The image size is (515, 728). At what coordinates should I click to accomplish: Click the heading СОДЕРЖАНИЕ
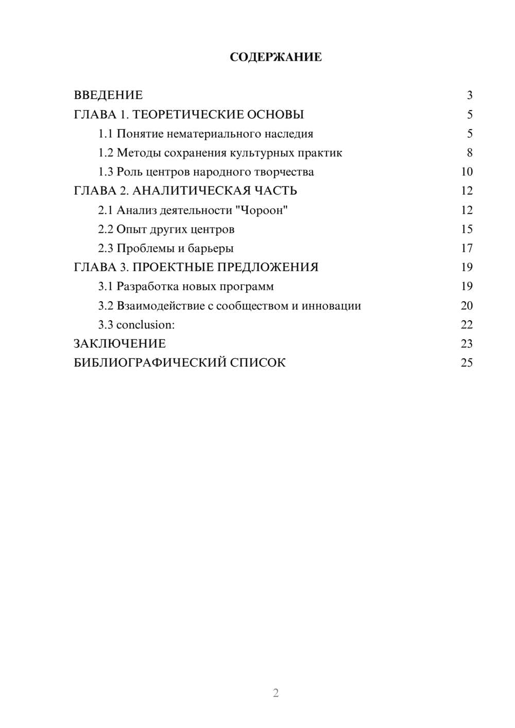276,57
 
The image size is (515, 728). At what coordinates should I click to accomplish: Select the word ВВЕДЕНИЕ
108,95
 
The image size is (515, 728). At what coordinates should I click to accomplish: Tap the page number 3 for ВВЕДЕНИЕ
469,95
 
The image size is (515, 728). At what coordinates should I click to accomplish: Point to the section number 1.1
106,134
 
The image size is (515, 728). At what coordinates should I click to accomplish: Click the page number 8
469,153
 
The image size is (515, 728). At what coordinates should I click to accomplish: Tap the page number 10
467,172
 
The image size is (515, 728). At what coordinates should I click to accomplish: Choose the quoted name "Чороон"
261,210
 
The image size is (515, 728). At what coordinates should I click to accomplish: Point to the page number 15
467,229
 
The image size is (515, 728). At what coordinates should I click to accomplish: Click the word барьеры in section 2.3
211,248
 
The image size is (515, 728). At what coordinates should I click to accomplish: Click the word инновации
331,306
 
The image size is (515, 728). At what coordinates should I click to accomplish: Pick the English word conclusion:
146,325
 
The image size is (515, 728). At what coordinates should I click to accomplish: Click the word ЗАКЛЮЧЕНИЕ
119,344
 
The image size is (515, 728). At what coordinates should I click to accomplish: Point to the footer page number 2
276,693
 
